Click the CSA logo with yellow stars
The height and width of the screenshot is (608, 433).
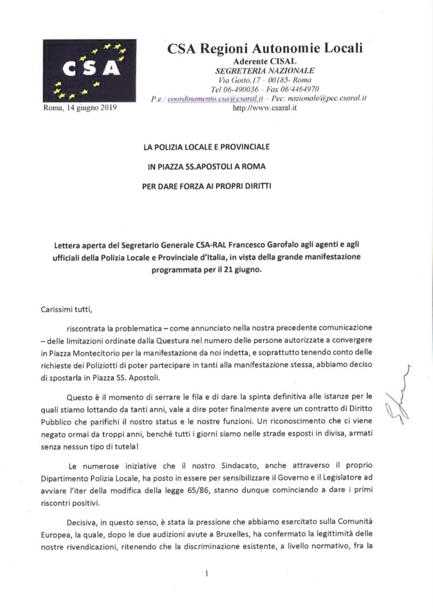89,71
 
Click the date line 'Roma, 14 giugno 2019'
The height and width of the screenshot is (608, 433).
80,108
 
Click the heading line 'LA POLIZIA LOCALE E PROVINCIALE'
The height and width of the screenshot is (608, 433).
216,146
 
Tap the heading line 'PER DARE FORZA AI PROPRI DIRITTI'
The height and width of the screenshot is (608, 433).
216,185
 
